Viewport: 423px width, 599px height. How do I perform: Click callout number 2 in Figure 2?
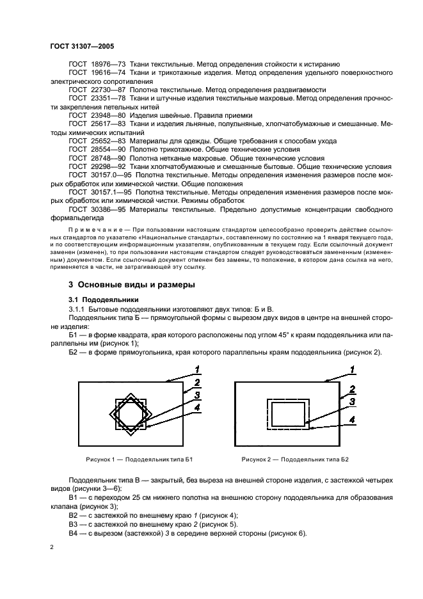coord(353,390)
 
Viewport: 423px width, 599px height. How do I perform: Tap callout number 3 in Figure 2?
coord(353,402)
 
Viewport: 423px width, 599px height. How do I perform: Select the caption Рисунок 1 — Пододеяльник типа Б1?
coord(140,459)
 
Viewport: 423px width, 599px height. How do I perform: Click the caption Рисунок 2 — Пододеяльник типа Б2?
coord(295,459)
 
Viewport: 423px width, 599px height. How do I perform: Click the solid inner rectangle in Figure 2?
coord(289,414)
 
